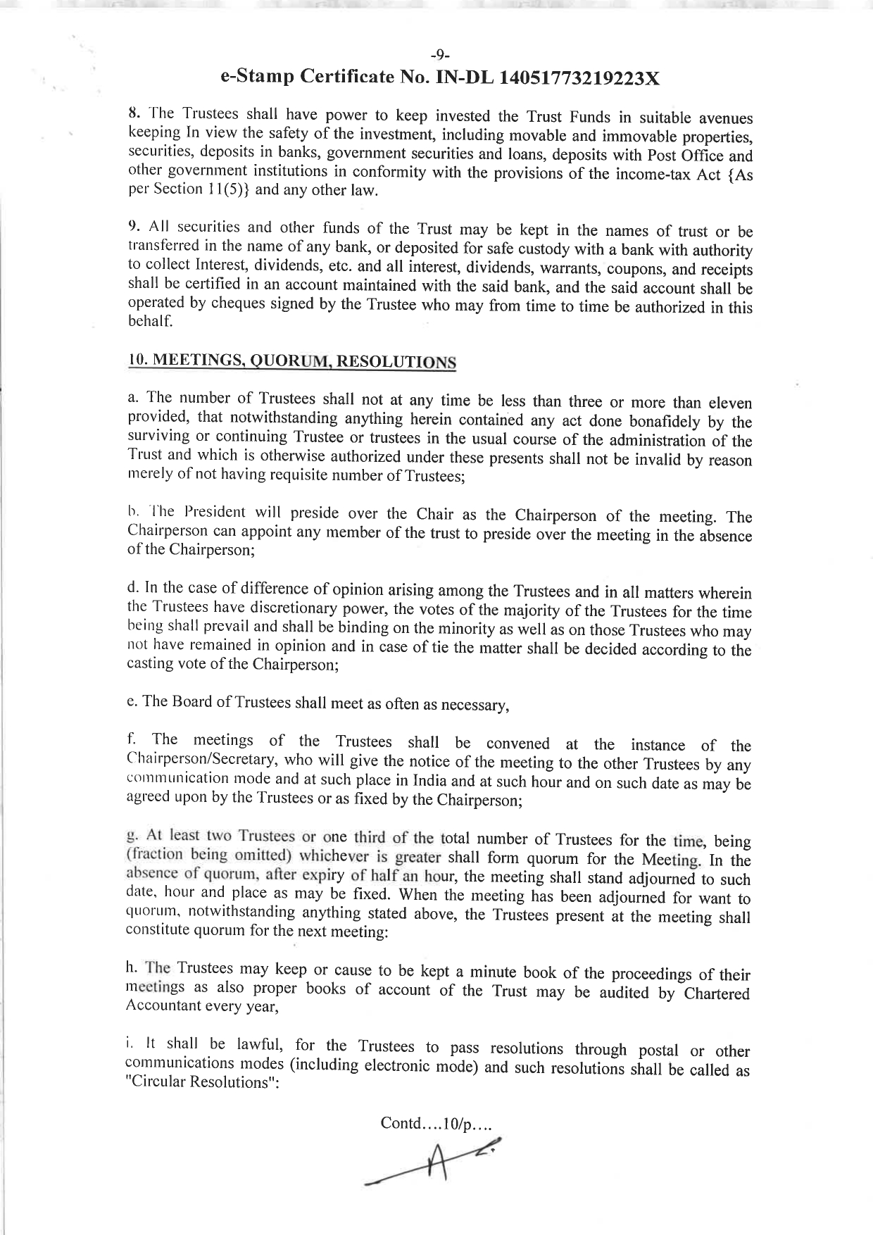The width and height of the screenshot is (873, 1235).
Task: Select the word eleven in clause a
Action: (x=726, y=403)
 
